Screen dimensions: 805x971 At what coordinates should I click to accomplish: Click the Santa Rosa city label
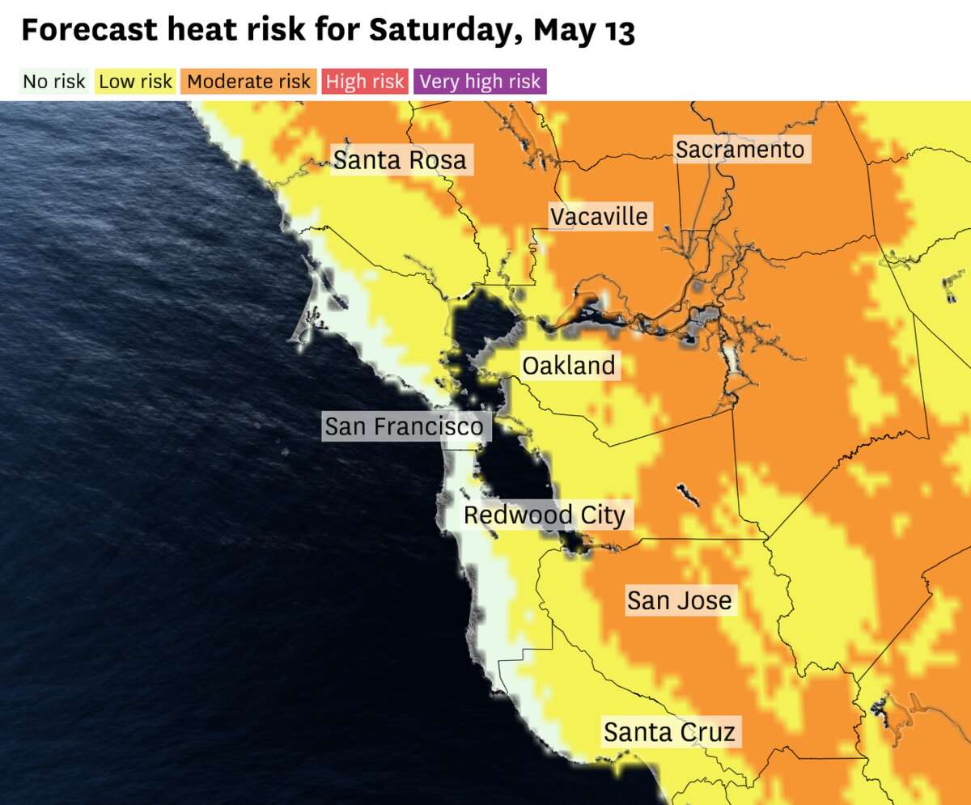(400, 160)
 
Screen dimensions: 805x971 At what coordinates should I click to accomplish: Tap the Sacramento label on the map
(740, 150)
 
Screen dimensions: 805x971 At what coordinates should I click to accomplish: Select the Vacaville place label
(599, 217)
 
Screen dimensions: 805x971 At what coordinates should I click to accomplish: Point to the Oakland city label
(568, 366)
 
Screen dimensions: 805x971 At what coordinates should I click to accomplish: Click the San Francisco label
(404, 426)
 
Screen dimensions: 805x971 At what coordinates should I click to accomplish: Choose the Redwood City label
(544, 515)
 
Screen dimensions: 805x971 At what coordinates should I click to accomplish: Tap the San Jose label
(679, 600)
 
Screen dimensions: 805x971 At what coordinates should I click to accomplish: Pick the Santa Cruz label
(669, 733)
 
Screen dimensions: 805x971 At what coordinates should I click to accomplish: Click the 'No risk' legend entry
(53, 82)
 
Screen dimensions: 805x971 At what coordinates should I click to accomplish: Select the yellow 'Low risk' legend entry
(135, 82)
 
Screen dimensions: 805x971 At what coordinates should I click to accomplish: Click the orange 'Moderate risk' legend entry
(248, 82)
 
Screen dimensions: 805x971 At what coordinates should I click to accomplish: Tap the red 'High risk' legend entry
(364, 82)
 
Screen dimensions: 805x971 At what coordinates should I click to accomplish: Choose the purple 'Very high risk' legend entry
(480, 82)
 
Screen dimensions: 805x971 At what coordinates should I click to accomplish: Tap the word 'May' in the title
(563, 31)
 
